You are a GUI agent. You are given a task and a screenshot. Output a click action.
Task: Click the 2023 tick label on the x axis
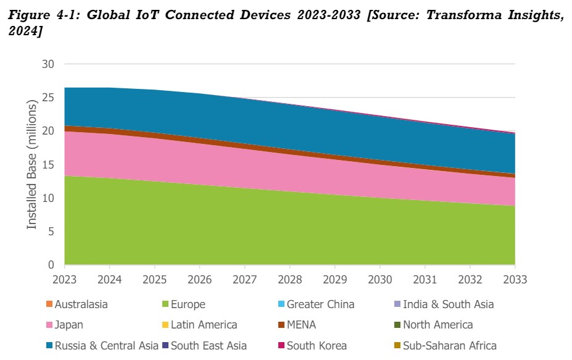[64, 279]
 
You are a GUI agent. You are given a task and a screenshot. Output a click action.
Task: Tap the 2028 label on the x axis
[289, 279]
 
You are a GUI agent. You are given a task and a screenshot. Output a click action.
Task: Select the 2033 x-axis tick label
[515, 279]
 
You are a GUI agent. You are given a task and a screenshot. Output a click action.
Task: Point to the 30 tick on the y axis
[49, 64]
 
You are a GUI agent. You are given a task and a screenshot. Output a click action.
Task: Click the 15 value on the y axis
[49, 165]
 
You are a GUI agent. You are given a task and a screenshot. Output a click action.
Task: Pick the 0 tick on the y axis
[52, 265]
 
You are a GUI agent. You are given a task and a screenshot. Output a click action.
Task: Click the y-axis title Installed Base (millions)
[32, 165]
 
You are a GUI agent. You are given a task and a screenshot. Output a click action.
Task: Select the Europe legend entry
[189, 304]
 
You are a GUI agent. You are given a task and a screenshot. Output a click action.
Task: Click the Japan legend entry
[68, 325]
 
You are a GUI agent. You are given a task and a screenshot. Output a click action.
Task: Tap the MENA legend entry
[301, 325]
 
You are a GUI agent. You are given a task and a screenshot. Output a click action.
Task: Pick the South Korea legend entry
[317, 345]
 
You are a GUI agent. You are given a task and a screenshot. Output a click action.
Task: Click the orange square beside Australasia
[49, 304]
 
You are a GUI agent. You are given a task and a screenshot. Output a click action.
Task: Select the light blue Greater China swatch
[281, 304]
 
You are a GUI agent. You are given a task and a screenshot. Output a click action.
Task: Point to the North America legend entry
[437, 325]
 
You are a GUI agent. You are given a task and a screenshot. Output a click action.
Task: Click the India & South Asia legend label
[448, 304]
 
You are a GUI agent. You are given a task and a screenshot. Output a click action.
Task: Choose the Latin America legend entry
[204, 325]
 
